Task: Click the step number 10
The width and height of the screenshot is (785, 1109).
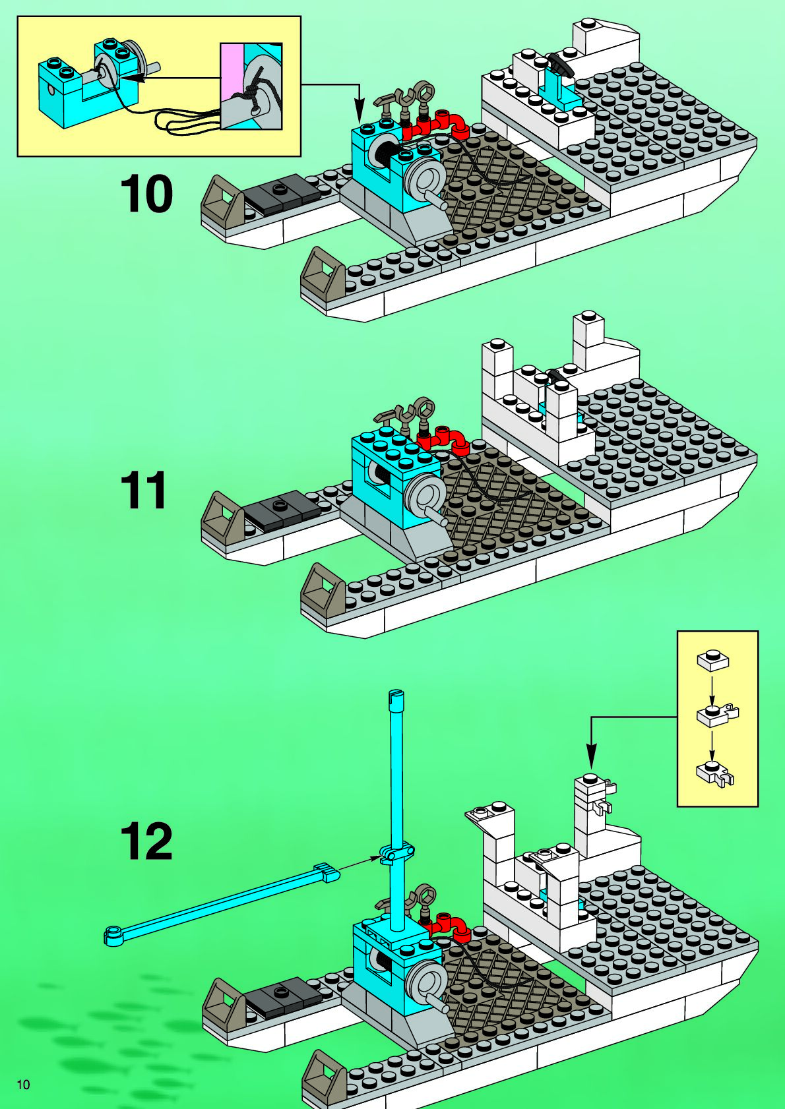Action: coord(146,195)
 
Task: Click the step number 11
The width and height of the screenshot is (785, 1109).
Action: coord(144,491)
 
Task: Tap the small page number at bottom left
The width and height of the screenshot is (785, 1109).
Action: coord(23,1085)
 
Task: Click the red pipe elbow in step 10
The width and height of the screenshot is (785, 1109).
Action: coord(454,124)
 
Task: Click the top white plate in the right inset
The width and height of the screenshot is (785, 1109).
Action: coord(712,660)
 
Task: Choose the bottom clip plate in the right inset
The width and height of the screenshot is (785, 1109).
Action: coord(714,773)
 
